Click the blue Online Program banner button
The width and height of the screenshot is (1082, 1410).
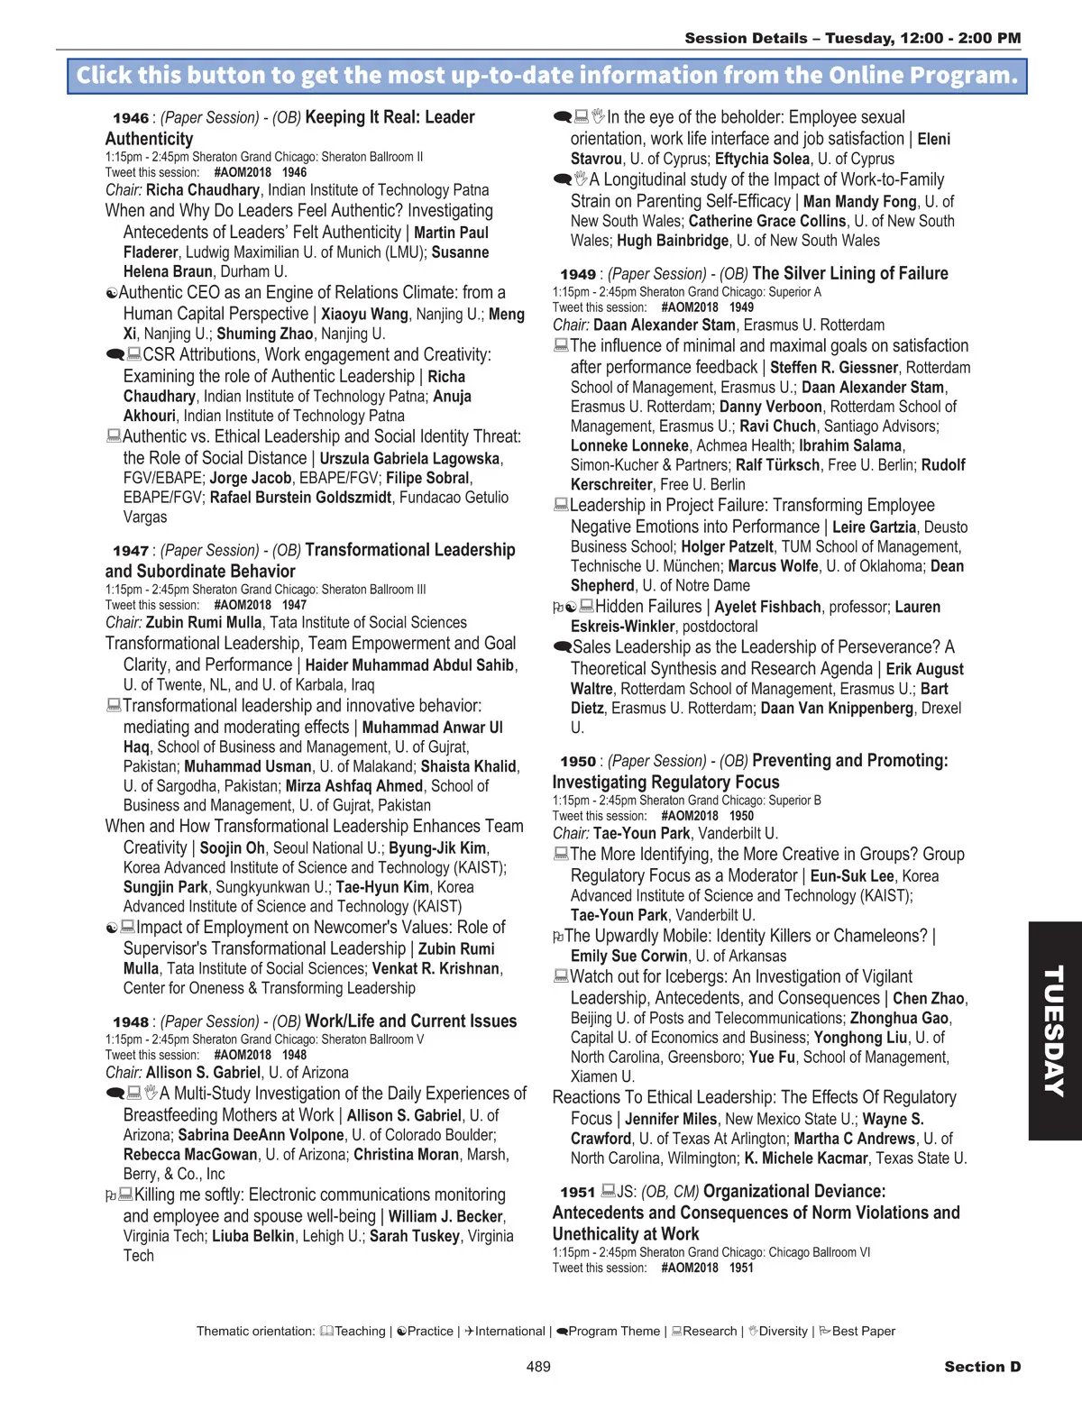point(546,76)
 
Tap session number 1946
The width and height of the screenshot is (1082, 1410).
point(131,118)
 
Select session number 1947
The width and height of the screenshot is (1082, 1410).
point(131,551)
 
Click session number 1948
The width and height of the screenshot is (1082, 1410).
point(131,1022)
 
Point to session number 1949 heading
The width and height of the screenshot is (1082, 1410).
point(578,274)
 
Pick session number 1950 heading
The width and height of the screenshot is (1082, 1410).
point(578,762)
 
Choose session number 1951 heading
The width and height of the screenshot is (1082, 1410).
point(578,1193)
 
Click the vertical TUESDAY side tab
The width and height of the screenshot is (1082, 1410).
point(1054,1030)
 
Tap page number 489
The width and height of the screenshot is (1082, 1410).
point(538,1367)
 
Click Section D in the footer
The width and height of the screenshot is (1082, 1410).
point(982,1367)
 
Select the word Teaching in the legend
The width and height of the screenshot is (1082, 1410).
point(360,1332)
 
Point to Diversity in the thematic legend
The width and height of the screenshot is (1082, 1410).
point(783,1332)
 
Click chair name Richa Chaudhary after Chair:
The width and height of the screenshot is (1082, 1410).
point(203,190)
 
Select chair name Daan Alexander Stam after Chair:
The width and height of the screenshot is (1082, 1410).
point(665,325)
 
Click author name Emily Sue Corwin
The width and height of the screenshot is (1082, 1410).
point(628,957)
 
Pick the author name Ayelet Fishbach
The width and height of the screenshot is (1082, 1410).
point(767,608)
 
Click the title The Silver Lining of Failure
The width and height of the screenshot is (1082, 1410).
point(849,274)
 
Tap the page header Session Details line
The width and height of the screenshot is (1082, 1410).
point(852,39)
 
